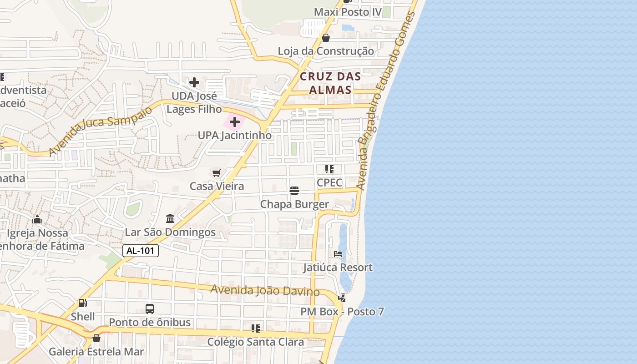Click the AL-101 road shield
141,251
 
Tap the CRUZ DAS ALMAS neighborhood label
330,83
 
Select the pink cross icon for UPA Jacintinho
235,122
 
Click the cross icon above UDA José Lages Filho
194,82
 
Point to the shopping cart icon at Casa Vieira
217,173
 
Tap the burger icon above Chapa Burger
294,191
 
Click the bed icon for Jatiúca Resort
338,253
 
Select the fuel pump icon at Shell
83,303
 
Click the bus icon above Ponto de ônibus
150,309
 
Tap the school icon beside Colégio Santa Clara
256,328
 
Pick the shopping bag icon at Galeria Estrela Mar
96,338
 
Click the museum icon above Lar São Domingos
170,218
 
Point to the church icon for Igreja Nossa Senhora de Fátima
37,220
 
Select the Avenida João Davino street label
265,290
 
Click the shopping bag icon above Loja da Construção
326,38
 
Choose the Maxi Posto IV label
348,12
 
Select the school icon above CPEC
329,169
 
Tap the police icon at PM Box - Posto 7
342,298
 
